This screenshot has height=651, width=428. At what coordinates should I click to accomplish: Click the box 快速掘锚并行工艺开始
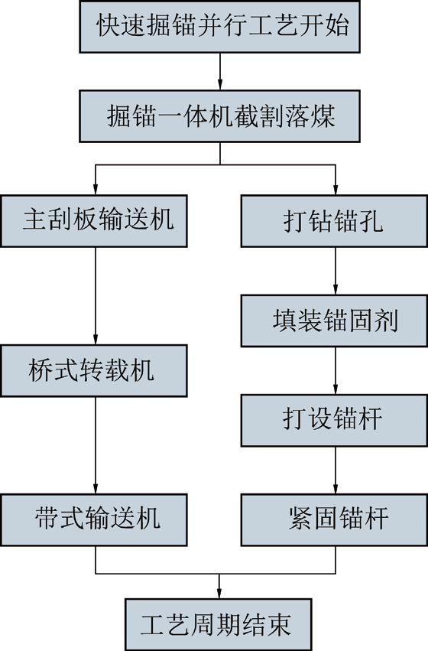coord(220,27)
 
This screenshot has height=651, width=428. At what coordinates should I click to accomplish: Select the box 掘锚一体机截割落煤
coord(220,116)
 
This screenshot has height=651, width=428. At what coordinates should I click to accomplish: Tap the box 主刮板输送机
coord(94,221)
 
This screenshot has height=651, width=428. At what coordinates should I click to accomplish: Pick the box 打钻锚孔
coord(334,221)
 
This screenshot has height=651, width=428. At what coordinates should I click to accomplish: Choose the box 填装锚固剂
coord(334,321)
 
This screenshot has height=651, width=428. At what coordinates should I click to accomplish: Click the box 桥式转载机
coord(94,370)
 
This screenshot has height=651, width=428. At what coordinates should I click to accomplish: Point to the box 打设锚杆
coord(334,420)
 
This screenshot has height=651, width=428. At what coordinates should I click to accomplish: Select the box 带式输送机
coord(94,519)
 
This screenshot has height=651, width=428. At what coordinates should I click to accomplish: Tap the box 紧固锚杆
coord(334,519)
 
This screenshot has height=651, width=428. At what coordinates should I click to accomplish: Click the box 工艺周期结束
coord(219,624)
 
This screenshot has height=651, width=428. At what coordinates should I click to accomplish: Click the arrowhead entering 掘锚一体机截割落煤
coord(220,84)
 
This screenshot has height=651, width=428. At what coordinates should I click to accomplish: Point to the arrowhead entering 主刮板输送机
coord(96,189)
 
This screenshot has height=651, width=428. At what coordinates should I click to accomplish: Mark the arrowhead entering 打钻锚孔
coord(336,189)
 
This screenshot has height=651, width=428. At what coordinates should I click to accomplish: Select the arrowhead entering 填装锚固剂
coord(336,289)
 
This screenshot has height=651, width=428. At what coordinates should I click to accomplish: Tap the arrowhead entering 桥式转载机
coord(96,338)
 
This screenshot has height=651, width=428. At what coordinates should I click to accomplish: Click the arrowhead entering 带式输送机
coord(96,488)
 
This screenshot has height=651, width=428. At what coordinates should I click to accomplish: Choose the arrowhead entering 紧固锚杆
coord(336,488)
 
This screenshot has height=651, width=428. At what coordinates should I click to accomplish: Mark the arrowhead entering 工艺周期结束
coord(219,592)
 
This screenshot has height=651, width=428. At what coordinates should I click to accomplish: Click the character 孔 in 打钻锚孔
coord(371,221)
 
